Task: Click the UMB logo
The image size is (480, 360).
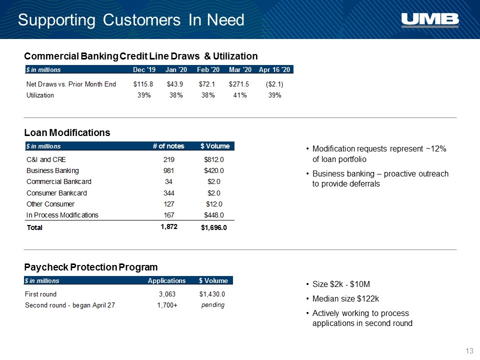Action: tap(430, 20)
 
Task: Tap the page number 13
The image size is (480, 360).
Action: tap(469, 351)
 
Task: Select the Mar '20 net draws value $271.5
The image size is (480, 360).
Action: tap(239, 84)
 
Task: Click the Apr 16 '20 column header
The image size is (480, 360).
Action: tap(274, 69)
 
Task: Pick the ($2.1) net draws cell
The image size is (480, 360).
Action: tap(274, 84)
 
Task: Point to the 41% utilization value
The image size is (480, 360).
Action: tap(239, 95)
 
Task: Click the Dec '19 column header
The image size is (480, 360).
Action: tap(144, 69)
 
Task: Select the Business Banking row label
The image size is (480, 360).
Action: tap(52, 171)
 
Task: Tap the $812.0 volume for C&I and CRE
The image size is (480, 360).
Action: tap(213, 159)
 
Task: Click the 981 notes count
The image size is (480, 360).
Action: tap(168, 170)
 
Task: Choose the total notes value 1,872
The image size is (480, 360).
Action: tap(169, 226)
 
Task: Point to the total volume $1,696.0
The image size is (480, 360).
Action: tap(213, 227)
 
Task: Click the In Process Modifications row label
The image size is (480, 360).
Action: tap(62, 215)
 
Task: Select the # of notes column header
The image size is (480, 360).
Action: tap(168, 146)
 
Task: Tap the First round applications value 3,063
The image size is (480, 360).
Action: tap(167, 294)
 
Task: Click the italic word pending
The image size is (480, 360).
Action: tap(213, 305)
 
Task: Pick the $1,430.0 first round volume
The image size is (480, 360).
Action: tap(212, 294)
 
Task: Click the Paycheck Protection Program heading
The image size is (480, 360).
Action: tap(91, 267)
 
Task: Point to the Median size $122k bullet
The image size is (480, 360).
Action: tap(345, 299)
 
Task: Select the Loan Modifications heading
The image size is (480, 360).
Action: tap(67, 132)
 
